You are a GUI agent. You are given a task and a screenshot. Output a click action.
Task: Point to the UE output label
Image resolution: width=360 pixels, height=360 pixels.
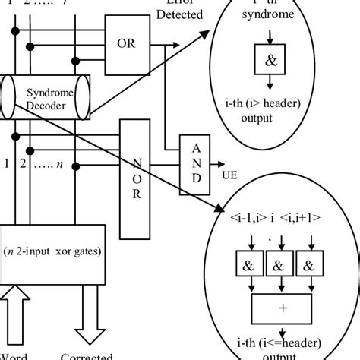click(227, 174)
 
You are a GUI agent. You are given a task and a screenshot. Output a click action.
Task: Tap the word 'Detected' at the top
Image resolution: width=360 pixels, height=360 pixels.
click(181, 14)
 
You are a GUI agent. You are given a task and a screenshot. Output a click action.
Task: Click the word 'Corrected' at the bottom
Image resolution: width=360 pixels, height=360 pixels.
click(88, 355)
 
